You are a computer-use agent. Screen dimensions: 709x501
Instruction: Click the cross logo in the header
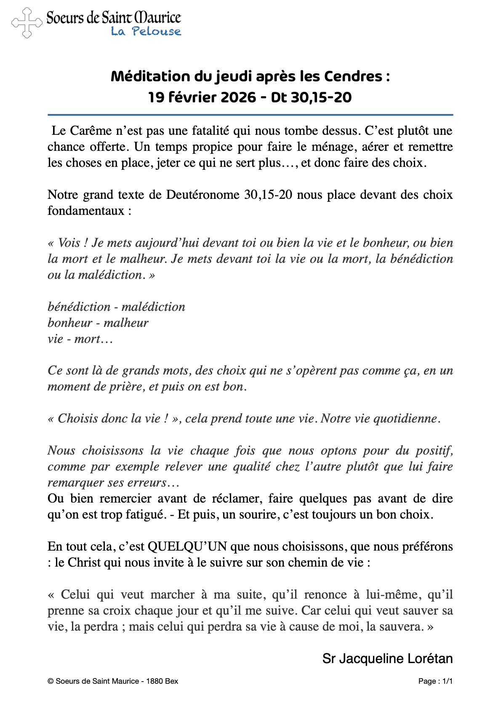click(27, 23)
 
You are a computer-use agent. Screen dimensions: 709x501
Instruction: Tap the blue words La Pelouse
click(146, 32)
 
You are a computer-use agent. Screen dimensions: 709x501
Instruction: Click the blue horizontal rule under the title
click(250, 115)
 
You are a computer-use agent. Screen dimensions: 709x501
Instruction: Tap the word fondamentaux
click(86, 211)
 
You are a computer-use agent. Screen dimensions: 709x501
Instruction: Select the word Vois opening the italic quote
click(69, 243)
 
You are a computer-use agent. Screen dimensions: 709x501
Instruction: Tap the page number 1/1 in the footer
click(447, 681)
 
